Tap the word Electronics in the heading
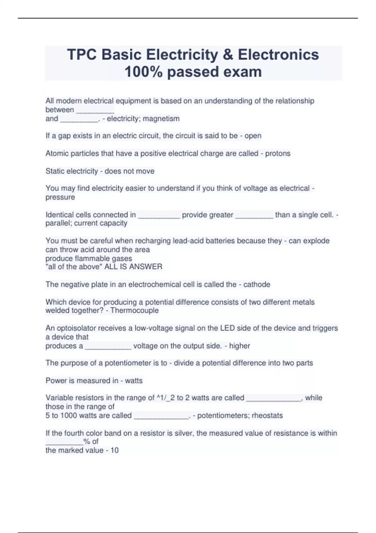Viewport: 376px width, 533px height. (x=278, y=55)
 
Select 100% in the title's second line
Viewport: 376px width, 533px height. (x=144, y=72)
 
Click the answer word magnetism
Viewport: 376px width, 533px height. (x=161, y=119)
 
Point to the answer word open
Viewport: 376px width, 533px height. (x=253, y=136)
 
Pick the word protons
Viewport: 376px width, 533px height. (x=278, y=154)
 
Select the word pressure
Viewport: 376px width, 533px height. (x=60, y=197)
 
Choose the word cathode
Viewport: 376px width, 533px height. (x=257, y=284)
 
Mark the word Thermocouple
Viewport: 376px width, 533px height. (x=134, y=310)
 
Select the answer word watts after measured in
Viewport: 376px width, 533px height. (x=134, y=381)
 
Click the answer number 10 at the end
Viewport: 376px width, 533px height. (x=114, y=451)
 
